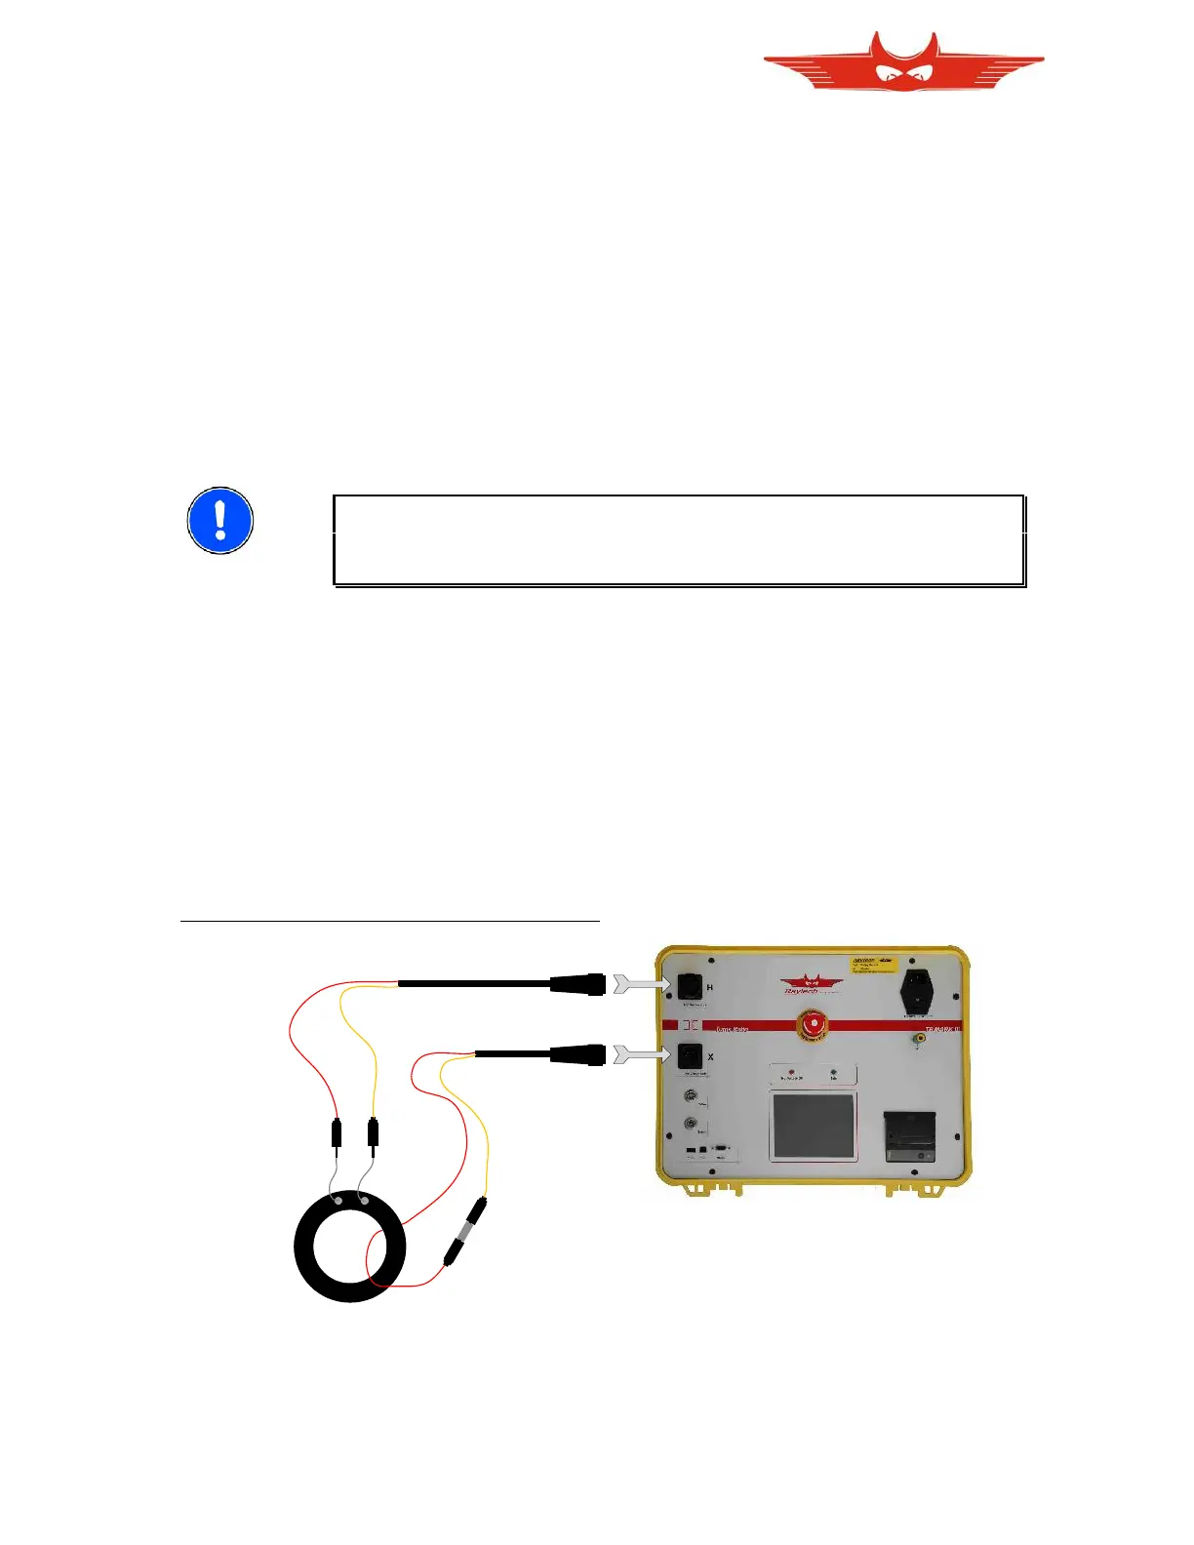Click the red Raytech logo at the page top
[903, 63]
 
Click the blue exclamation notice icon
[220, 521]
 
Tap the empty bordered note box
[679, 540]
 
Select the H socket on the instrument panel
[690, 986]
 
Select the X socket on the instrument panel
[690, 1055]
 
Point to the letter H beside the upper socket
[710, 988]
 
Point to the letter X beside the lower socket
[710, 1057]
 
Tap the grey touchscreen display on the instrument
[813, 1127]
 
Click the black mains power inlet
[917, 992]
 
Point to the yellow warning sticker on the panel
[873, 965]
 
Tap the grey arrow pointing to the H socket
[640, 984]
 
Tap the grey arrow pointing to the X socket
[640, 1054]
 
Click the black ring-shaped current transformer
[349, 1248]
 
